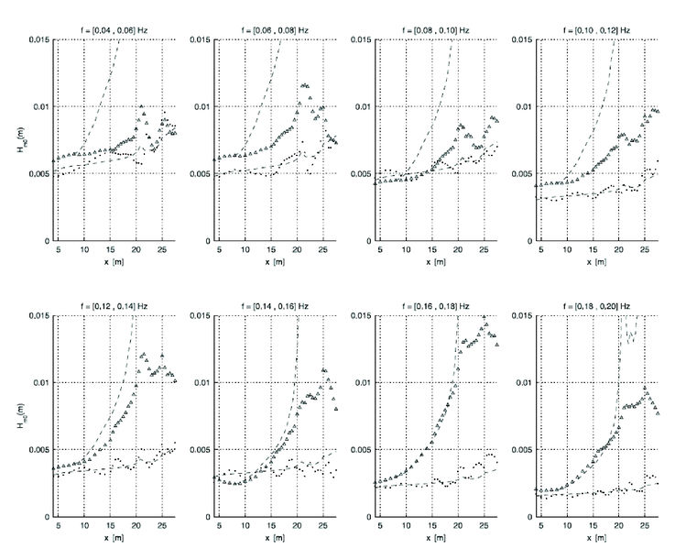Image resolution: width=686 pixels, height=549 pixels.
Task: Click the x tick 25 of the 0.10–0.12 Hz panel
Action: [x=643, y=249]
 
